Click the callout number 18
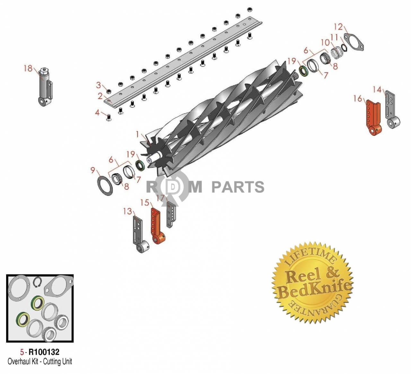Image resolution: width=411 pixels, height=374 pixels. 28,68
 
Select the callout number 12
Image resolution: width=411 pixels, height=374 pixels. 338,27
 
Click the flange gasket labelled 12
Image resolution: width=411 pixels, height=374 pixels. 354,42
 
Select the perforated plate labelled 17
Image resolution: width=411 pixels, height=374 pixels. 171,214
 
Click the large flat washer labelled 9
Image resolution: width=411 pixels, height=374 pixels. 105,186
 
